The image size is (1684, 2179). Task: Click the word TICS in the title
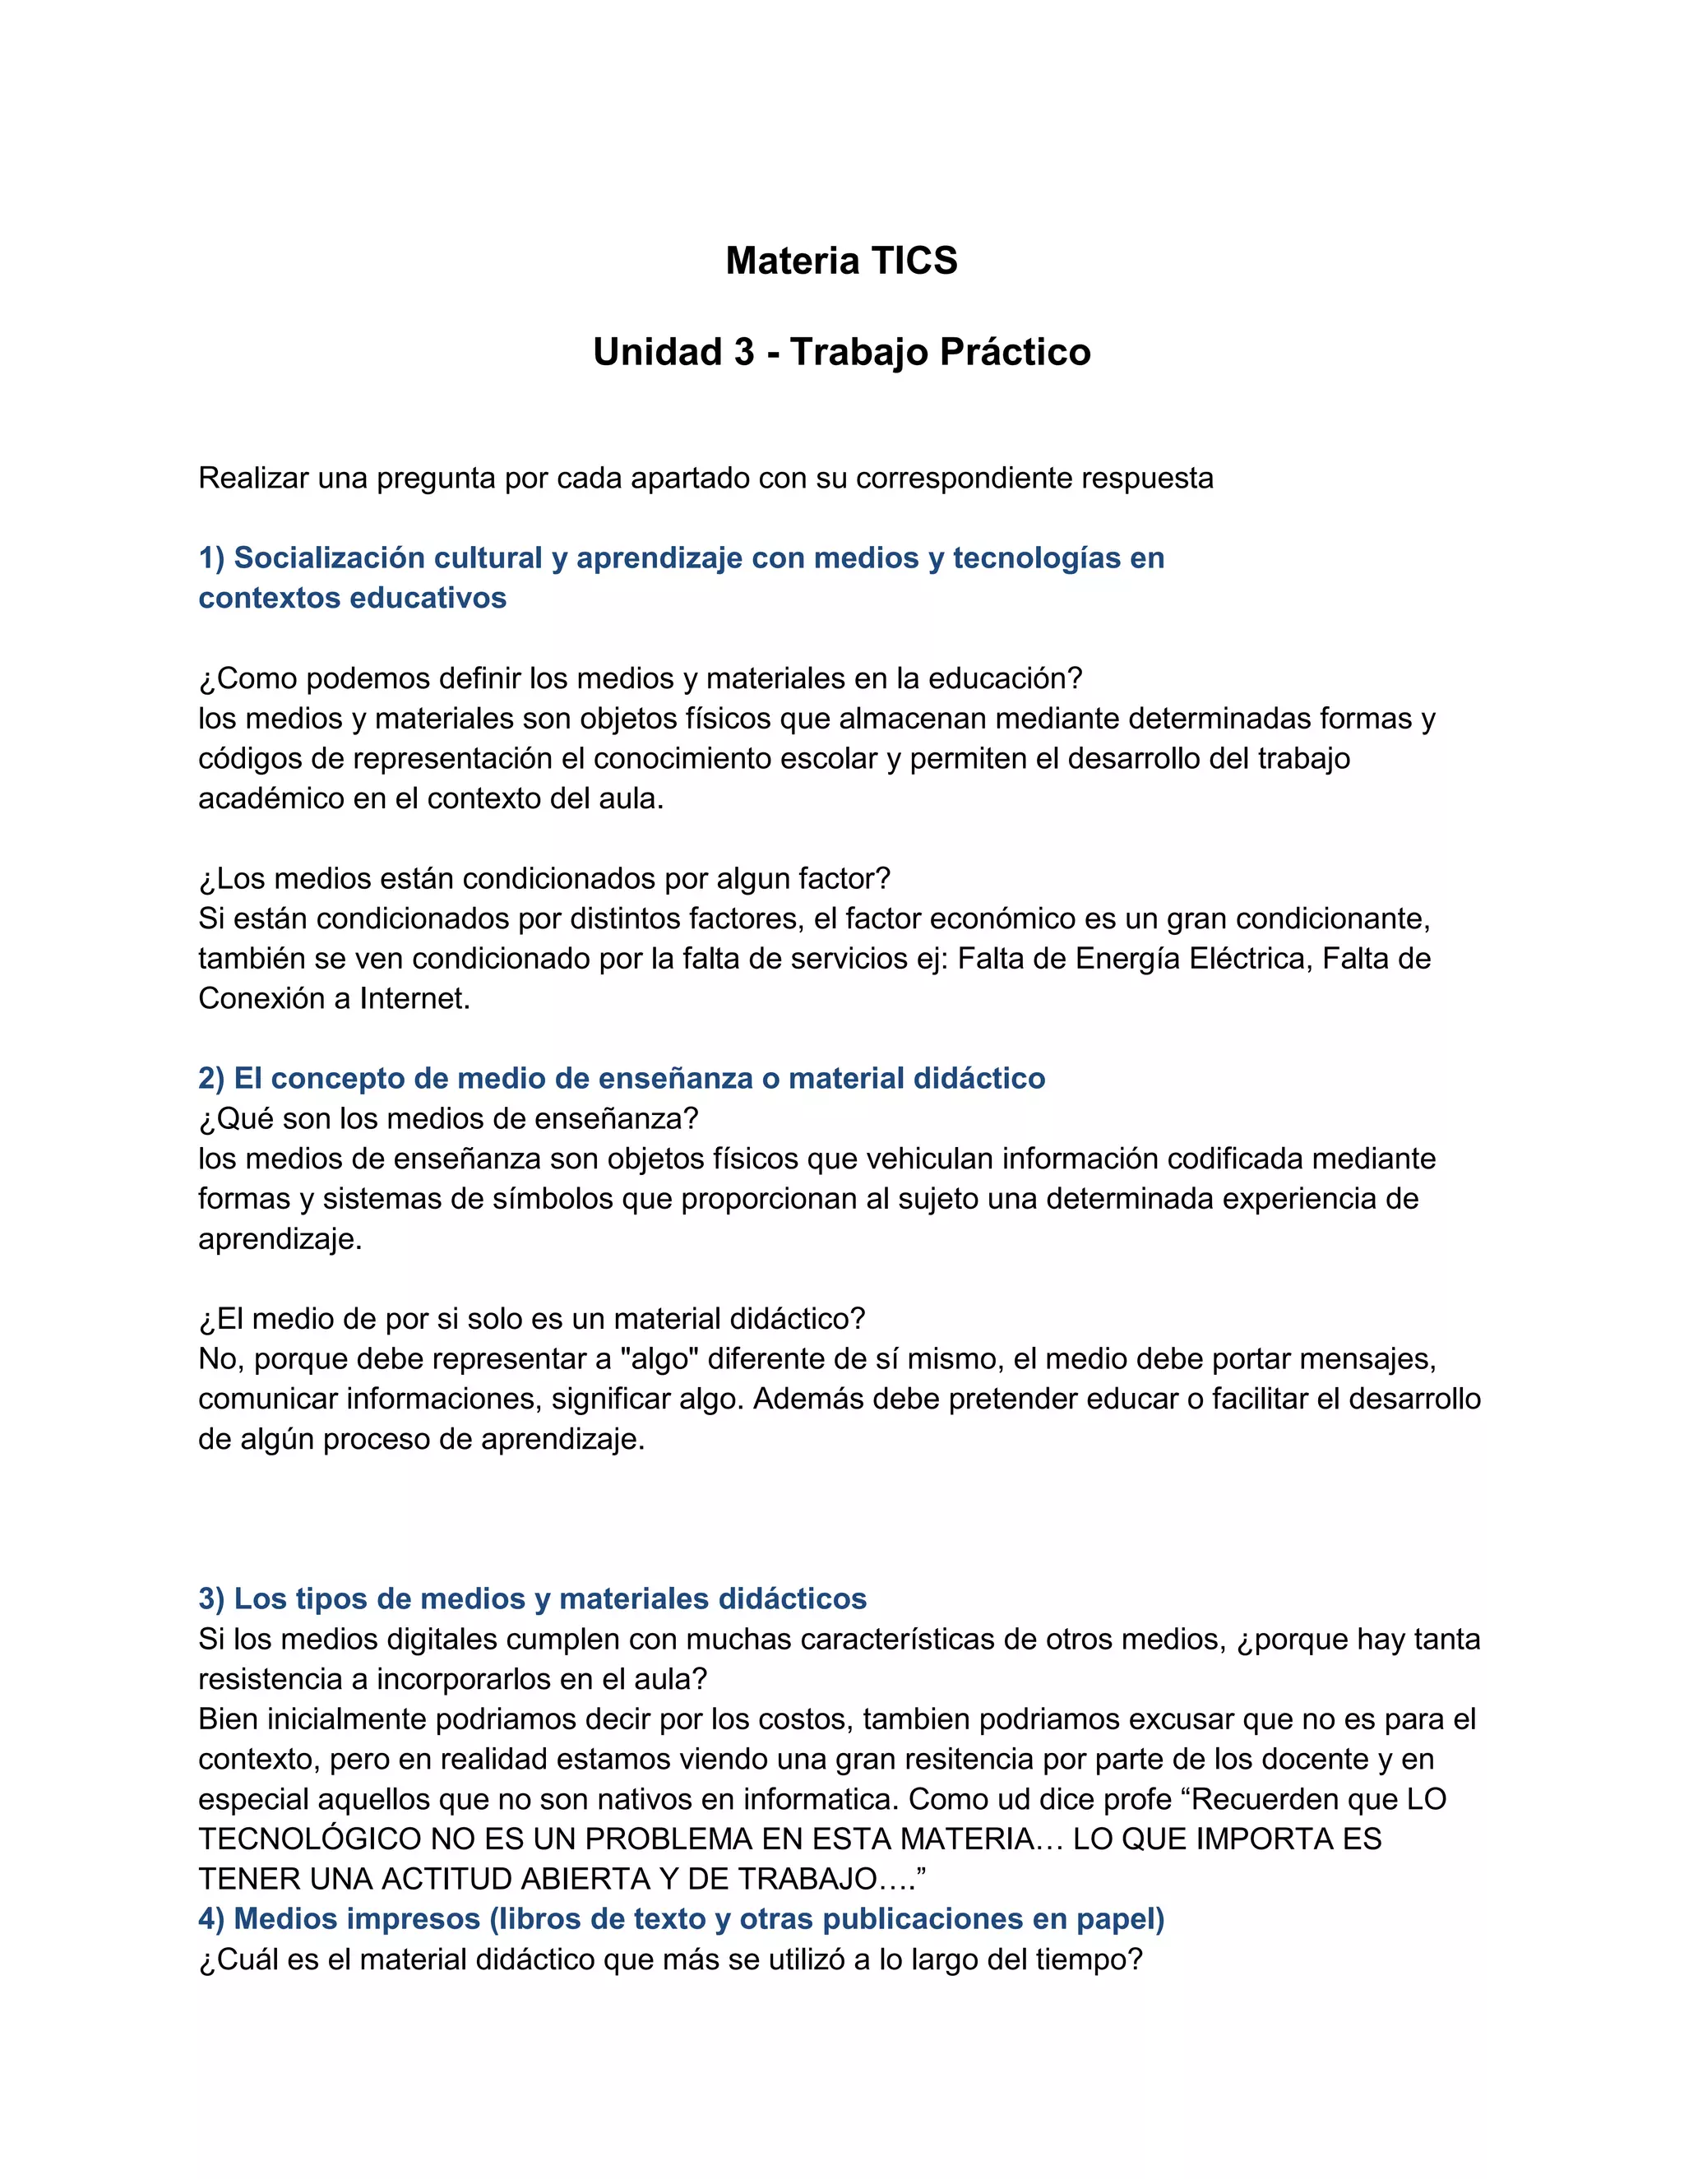coord(914,261)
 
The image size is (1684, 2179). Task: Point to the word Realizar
coord(253,479)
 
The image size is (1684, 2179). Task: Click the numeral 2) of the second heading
coord(211,1079)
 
